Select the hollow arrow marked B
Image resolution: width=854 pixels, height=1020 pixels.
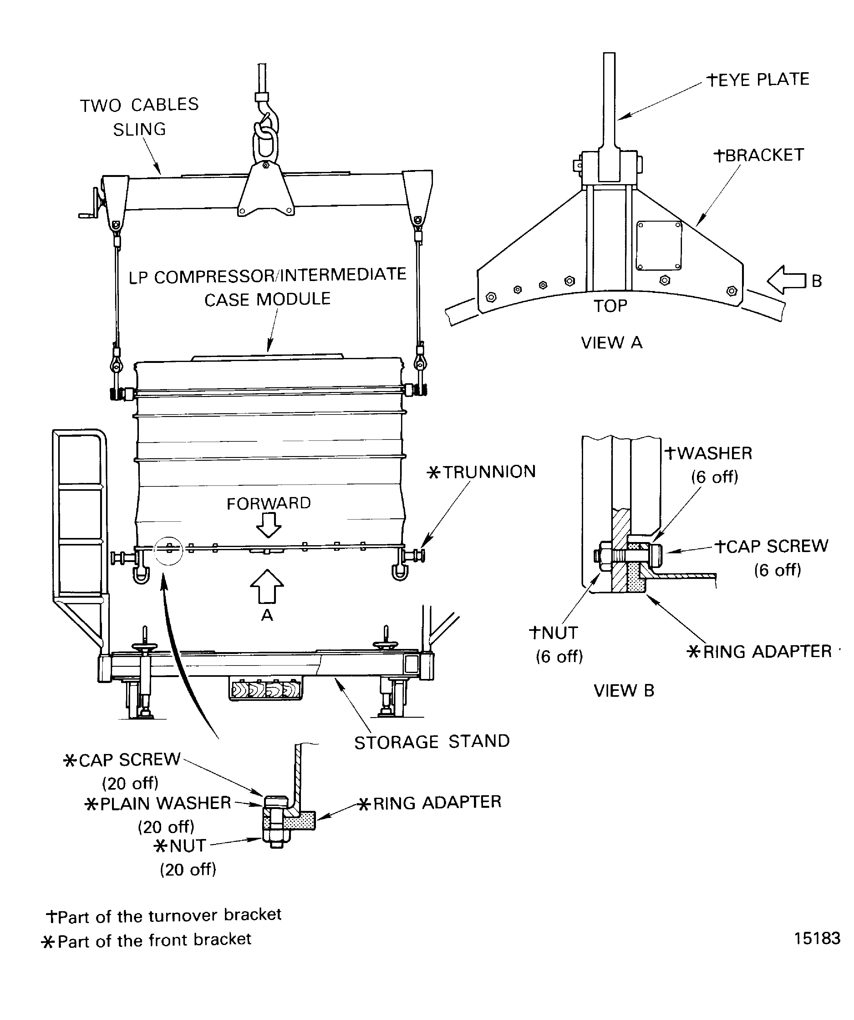tap(786, 280)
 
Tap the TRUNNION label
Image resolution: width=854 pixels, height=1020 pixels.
tap(481, 472)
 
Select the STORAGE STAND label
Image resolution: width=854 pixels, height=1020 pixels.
tap(432, 742)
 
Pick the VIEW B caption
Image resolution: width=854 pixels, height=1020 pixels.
tap(624, 690)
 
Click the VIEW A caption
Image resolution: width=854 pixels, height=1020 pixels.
tap(612, 342)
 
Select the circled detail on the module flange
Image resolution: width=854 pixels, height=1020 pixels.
tap(168, 550)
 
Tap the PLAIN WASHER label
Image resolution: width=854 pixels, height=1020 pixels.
tap(158, 803)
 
